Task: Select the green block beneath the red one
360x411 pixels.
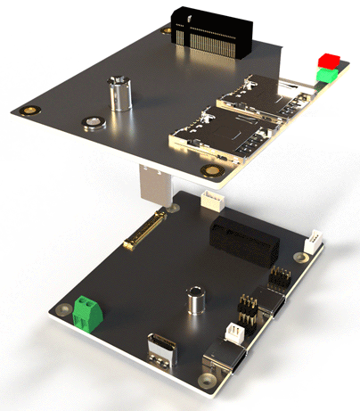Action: (327, 75)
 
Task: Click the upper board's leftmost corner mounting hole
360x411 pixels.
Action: (30, 111)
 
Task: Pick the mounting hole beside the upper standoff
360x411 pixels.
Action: (91, 122)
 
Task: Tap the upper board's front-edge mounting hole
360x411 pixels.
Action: (211, 171)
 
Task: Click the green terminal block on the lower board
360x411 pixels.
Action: (87, 312)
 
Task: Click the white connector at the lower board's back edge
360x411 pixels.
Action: (211, 200)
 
